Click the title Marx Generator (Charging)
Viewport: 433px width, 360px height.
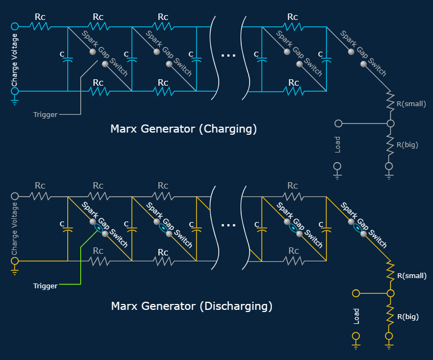point(183,129)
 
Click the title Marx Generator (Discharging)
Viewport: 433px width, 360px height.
point(191,306)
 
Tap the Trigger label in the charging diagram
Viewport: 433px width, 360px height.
point(45,114)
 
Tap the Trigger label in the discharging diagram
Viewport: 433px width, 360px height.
point(45,286)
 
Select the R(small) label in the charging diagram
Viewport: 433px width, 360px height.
point(411,103)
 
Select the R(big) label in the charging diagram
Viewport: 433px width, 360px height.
point(408,144)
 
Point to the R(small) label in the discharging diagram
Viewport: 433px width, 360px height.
point(411,275)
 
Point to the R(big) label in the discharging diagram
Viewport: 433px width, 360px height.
point(408,316)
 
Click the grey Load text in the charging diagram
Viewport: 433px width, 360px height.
point(338,144)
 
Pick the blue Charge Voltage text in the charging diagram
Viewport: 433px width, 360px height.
point(15,59)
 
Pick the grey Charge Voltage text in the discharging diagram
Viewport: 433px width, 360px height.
point(15,229)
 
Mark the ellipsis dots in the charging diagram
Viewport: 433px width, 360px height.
point(228,55)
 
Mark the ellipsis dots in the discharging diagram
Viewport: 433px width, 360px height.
point(228,225)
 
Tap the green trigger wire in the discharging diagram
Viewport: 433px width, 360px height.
point(81,264)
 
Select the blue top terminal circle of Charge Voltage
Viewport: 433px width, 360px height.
point(15,26)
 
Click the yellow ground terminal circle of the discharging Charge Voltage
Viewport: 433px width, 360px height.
point(15,261)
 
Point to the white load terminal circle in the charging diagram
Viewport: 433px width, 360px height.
point(338,123)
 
